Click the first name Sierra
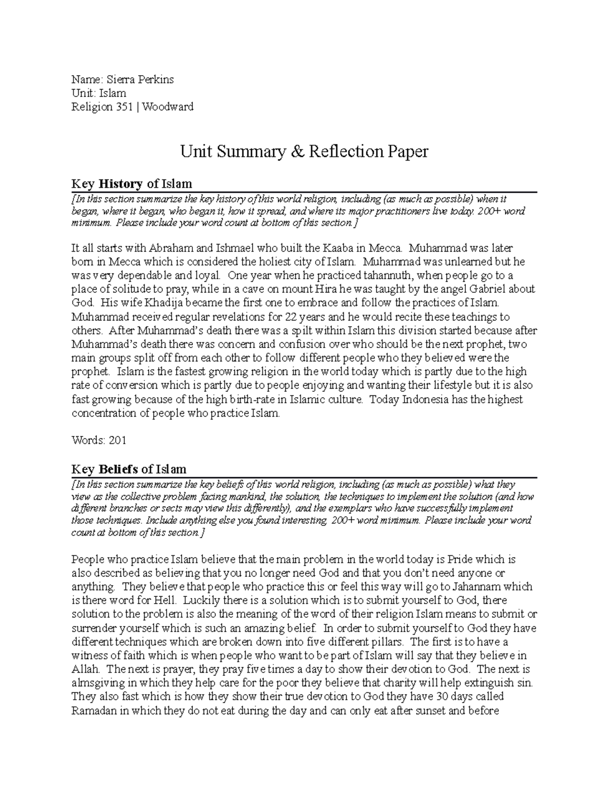(120, 79)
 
